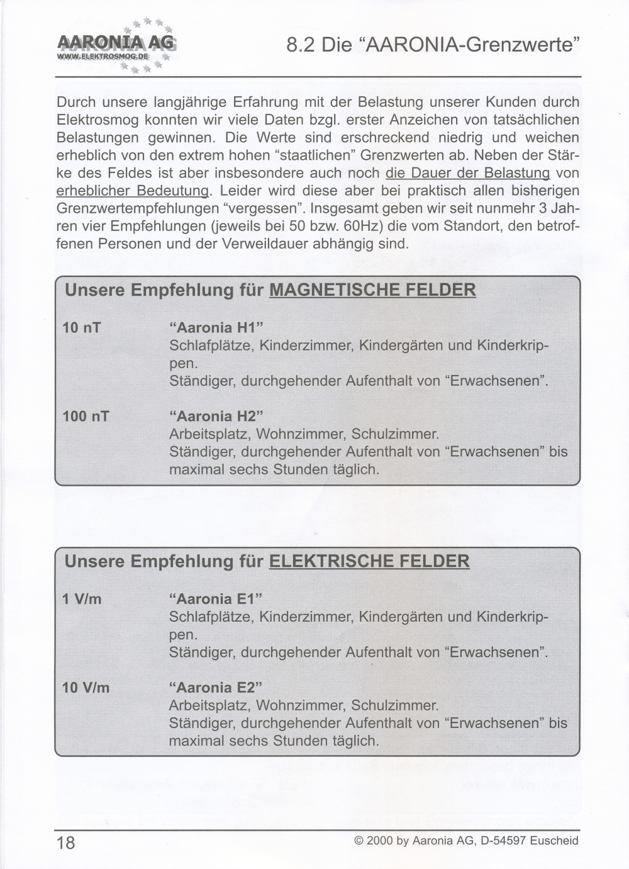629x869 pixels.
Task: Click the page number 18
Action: click(65, 843)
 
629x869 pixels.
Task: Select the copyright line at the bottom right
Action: click(466, 841)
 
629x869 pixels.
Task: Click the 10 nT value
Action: click(82, 328)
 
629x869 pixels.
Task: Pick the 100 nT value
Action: click(86, 417)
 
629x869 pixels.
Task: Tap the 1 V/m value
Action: click(82, 599)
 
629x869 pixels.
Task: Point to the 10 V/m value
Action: click(86, 688)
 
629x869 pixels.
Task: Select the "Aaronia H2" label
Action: click(216, 417)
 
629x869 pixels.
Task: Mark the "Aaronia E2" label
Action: click(216, 688)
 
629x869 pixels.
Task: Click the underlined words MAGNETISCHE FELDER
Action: click(372, 291)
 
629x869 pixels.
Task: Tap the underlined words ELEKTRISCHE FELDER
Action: click(369, 562)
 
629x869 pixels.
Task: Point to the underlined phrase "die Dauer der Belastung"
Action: click(468, 173)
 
